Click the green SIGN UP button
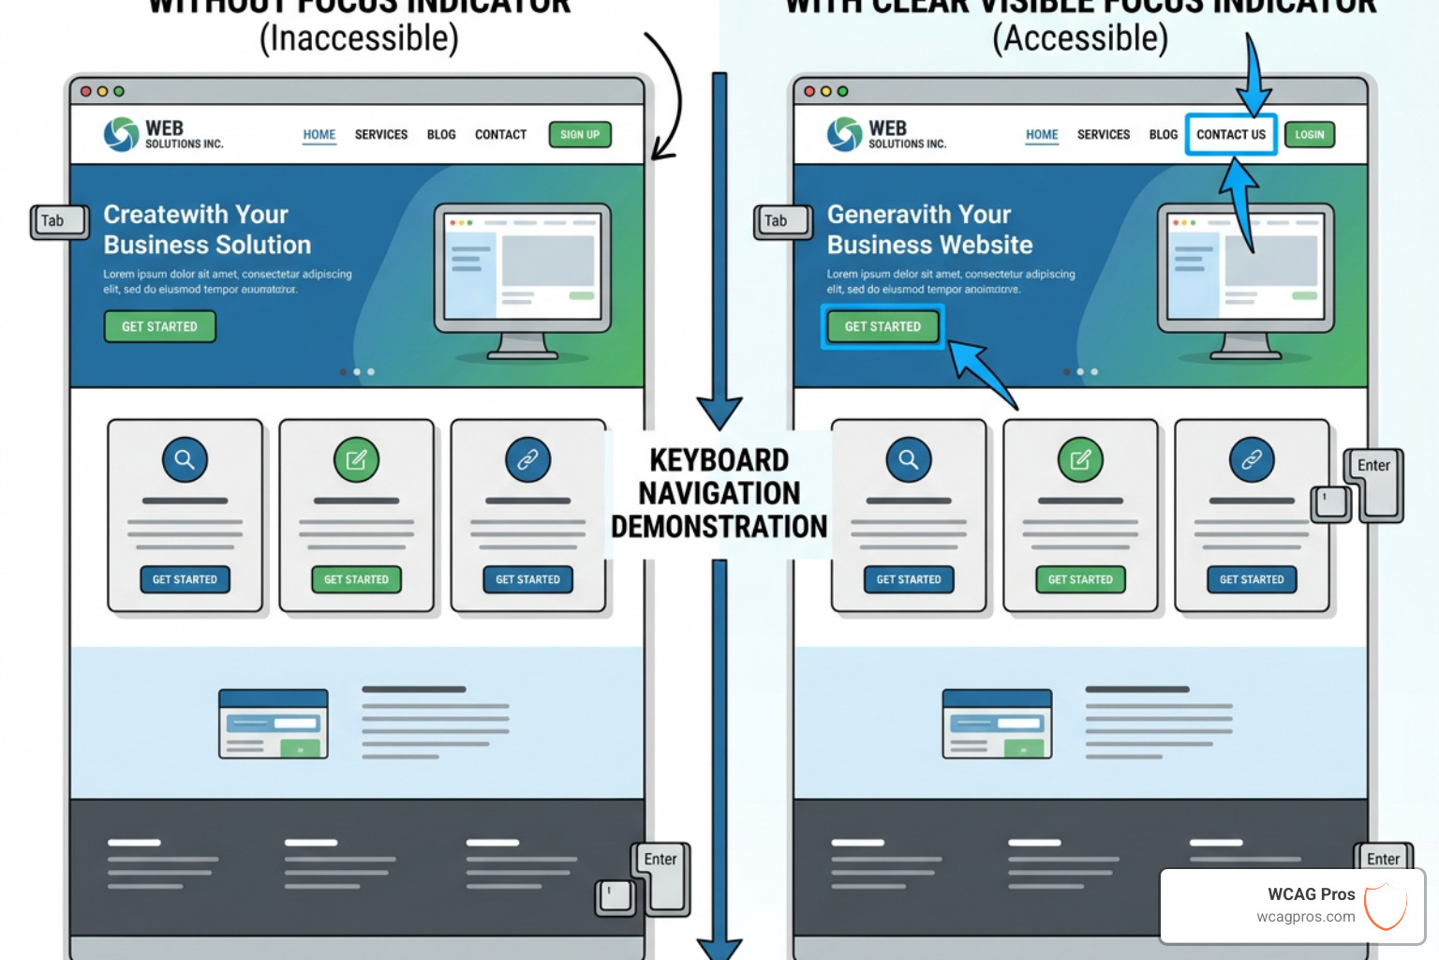[580, 135]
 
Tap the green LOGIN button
[1309, 135]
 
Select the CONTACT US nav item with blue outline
[1230, 135]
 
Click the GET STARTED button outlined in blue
[883, 326]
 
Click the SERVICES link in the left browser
[381, 135]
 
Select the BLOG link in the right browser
[1163, 135]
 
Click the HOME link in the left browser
[319, 135]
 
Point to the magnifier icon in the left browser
[185, 459]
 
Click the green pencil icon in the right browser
[1080, 459]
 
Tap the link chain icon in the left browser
[527, 459]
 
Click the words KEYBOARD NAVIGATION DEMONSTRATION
[719, 493]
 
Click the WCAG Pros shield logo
[1386, 906]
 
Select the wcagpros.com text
[1305, 917]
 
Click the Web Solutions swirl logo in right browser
[844, 134]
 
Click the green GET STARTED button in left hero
[159, 326]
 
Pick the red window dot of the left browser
[86, 92]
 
